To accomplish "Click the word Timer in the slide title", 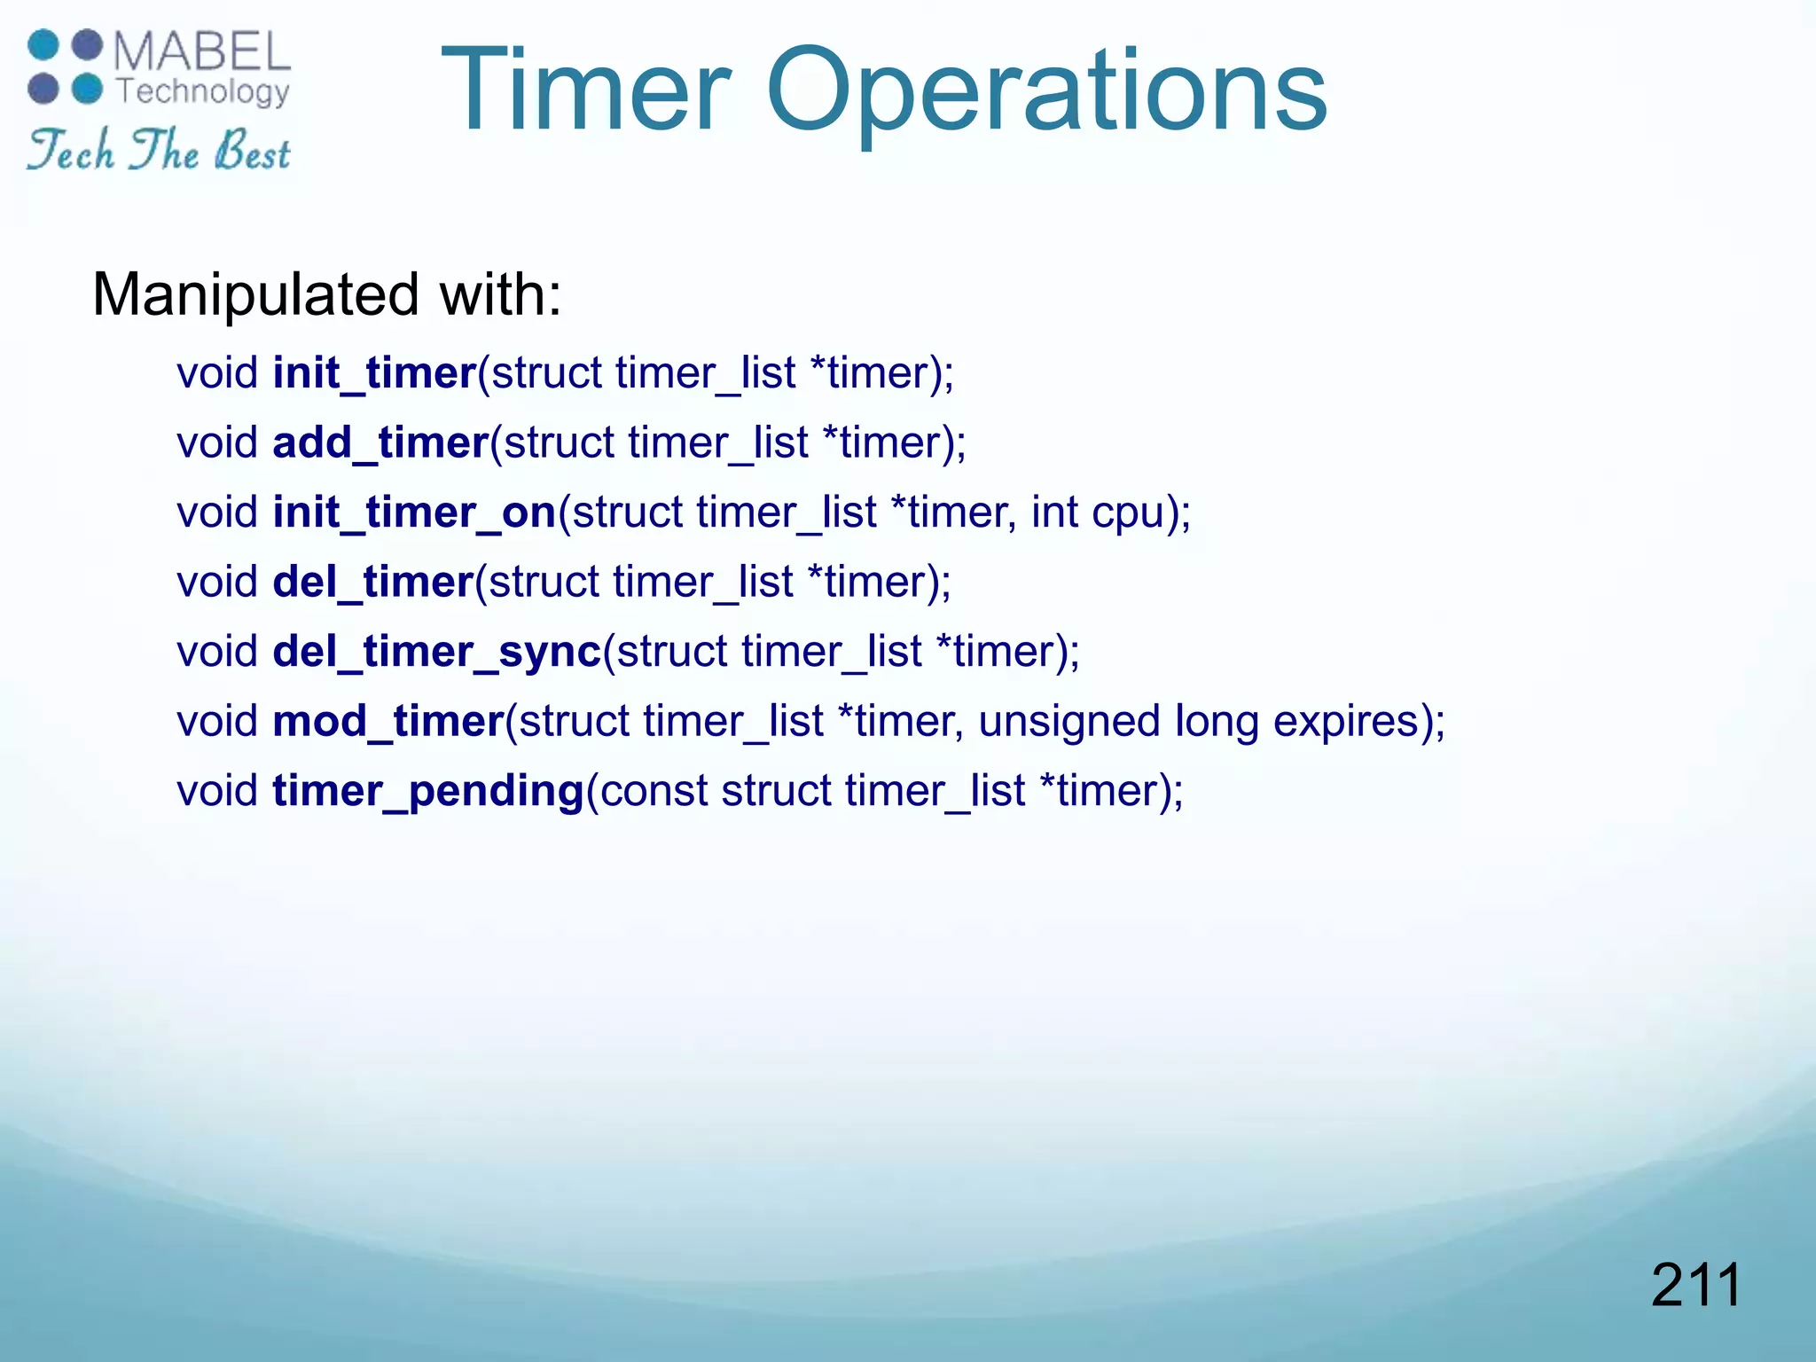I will point(585,90).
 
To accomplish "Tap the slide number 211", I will point(1695,1285).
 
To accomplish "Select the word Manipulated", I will point(255,294).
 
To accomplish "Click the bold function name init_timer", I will point(375,373).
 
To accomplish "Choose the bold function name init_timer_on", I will point(414,513).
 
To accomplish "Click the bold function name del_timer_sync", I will point(437,652).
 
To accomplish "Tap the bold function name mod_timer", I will point(388,721).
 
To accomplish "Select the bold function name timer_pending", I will point(428,791).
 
